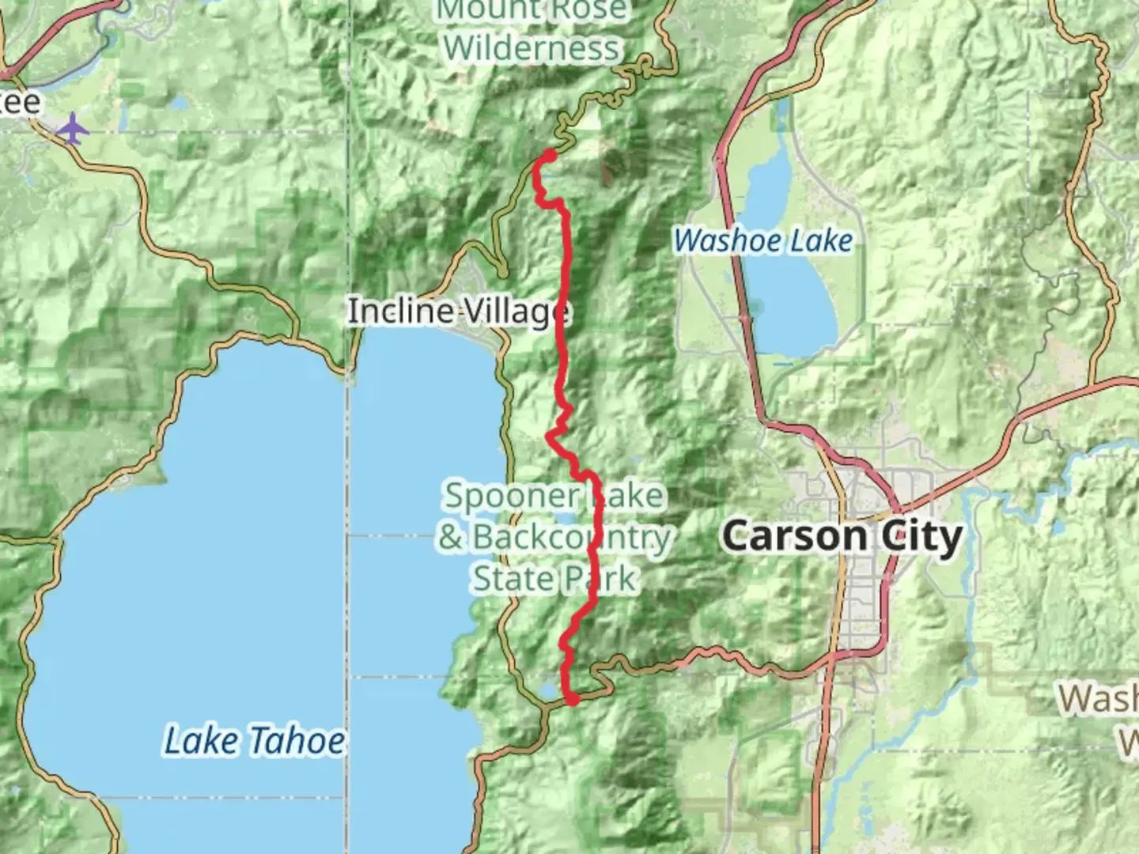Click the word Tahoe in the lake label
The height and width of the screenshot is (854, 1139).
(297, 742)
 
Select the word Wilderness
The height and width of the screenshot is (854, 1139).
(532, 48)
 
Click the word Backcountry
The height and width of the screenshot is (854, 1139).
(571, 538)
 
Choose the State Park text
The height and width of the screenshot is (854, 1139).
(554, 579)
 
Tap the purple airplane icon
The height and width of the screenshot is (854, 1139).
(72, 127)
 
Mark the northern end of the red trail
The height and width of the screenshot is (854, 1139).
(548, 155)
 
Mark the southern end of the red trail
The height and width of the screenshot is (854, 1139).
(572, 698)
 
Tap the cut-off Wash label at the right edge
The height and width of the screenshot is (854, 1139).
(1099, 699)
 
